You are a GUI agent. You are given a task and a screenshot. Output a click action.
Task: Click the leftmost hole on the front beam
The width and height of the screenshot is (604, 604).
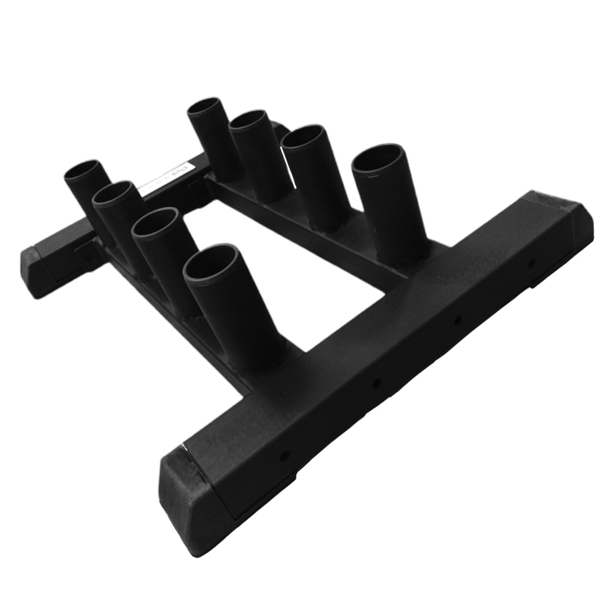click(285, 456)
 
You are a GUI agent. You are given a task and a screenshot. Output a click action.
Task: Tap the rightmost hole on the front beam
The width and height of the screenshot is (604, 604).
click(531, 262)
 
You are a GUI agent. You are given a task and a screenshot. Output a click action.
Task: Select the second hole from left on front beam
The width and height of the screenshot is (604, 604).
click(376, 384)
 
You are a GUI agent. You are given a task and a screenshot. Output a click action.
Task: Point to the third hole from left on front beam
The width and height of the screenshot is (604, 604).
click(457, 320)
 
